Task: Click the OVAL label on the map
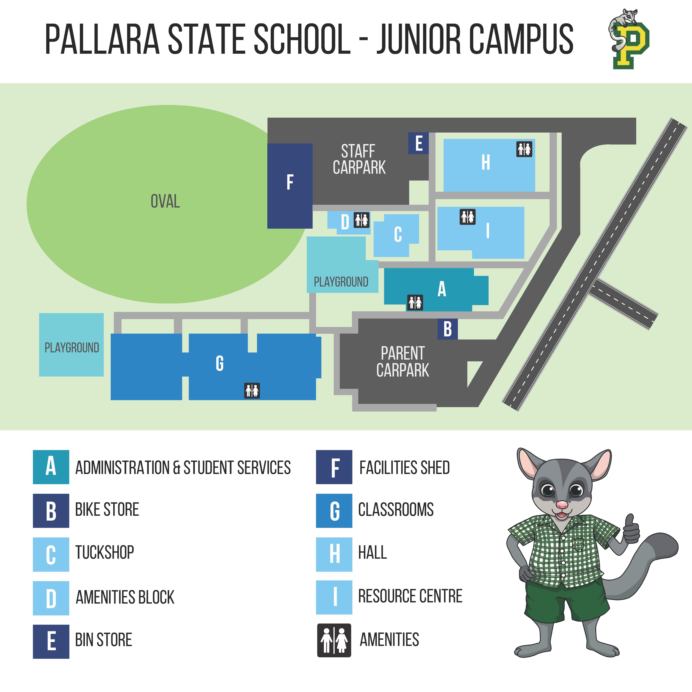pyautogui.click(x=165, y=201)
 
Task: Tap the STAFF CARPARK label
pyautogui.click(x=359, y=159)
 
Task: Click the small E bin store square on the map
pyautogui.click(x=418, y=143)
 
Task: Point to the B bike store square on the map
pyautogui.click(x=447, y=329)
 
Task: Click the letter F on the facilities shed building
pyautogui.click(x=290, y=182)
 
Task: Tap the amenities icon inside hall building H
pyautogui.click(x=524, y=149)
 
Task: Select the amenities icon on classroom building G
pyautogui.click(x=252, y=390)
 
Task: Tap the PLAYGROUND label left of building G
pyautogui.click(x=72, y=347)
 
